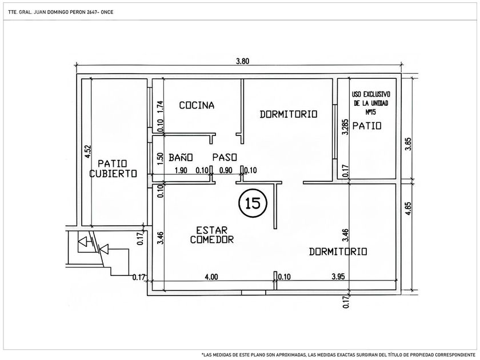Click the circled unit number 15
pyautogui.click(x=253, y=203)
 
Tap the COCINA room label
pyautogui.click(x=197, y=105)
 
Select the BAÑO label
pyautogui.click(x=181, y=157)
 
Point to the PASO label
pyautogui.click(x=225, y=157)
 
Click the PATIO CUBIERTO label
pyautogui.click(x=113, y=169)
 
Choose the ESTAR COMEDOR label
pyautogui.click(x=211, y=235)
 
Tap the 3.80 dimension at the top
pyautogui.click(x=242, y=61)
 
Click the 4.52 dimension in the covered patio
pyautogui.click(x=87, y=151)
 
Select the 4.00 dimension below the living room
pyautogui.click(x=211, y=277)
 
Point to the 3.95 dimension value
pyautogui.click(x=338, y=277)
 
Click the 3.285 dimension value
pyautogui.click(x=345, y=127)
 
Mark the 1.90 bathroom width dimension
pyautogui.click(x=181, y=170)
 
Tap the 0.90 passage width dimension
pyautogui.click(x=226, y=170)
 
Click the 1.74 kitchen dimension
pyautogui.click(x=161, y=107)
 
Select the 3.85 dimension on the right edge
pyautogui.click(x=408, y=144)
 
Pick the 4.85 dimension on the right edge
pyautogui.click(x=408, y=209)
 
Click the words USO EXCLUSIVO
pyautogui.click(x=371, y=94)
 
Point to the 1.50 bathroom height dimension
pyautogui.click(x=160, y=159)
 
